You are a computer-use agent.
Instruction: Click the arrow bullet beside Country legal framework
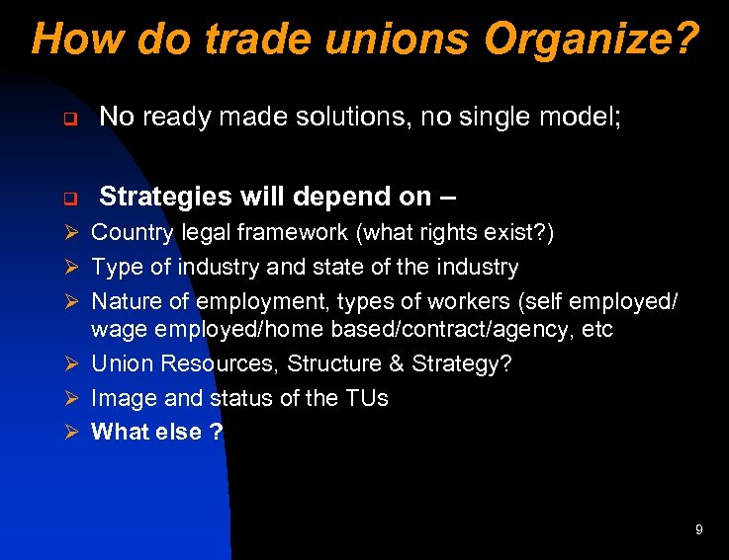(69, 234)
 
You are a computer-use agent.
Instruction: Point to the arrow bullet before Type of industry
(69, 267)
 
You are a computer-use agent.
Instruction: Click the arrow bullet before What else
(69, 432)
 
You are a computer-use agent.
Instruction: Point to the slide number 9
(698, 530)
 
